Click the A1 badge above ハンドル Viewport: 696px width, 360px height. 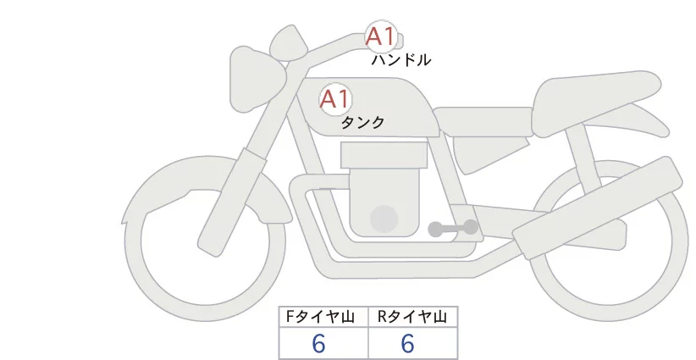coord(379,36)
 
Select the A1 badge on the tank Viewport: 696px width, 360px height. coord(334,99)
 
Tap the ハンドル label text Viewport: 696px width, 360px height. coord(400,60)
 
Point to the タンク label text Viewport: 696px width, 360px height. coord(362,123)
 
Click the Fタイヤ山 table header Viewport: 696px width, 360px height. coord(324,317)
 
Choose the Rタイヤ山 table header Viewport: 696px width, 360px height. coord(412,317)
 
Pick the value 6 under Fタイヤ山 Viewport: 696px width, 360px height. coord(318,344)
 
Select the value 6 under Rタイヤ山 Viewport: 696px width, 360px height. coord(407,344)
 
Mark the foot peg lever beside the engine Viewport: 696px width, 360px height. coord(453,228)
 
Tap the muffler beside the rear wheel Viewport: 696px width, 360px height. coord(593,212)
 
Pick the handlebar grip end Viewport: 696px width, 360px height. coord(396,40)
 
